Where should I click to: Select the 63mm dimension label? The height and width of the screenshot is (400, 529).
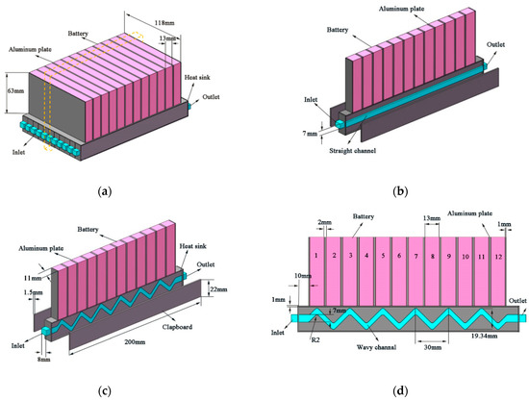[x=16, y=92]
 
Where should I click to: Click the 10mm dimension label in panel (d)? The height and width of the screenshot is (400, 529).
[x=303, y=277]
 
